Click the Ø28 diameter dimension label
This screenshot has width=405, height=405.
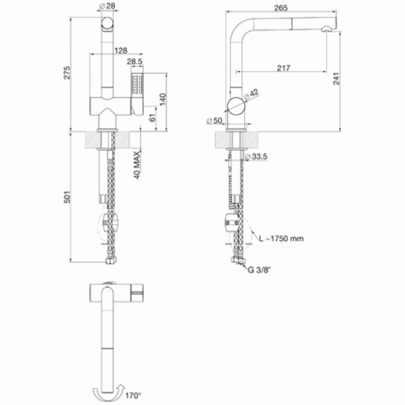107,6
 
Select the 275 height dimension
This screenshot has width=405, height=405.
67,73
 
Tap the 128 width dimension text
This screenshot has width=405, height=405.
120,50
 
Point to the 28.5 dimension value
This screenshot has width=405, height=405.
135,61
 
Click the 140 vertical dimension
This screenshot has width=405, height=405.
163,99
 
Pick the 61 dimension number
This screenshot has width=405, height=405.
153,117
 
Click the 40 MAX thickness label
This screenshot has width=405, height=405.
137,165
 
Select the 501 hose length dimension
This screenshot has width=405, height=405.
67,197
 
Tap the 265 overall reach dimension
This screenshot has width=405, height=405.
281,8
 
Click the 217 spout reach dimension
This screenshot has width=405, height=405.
283,68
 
